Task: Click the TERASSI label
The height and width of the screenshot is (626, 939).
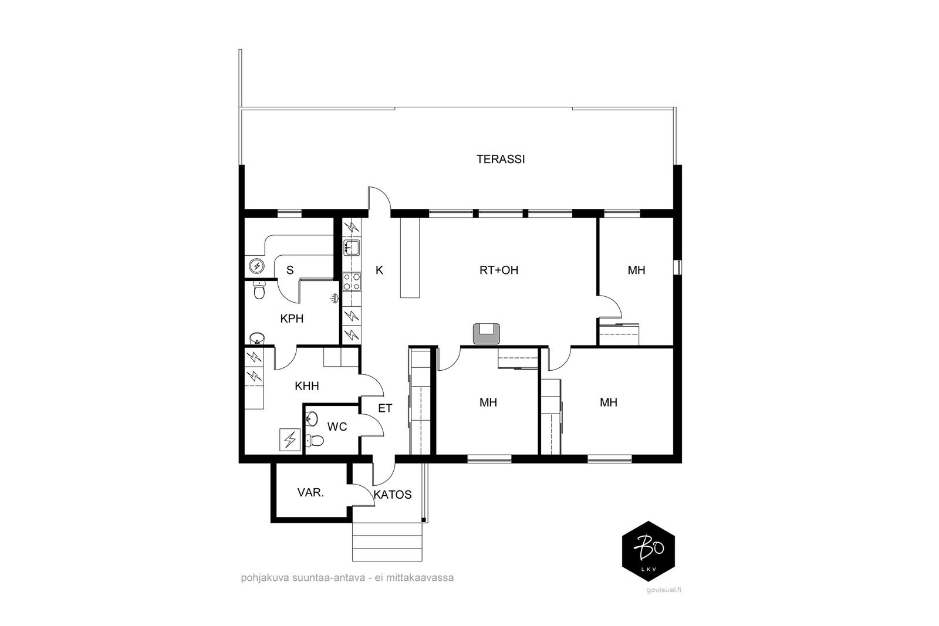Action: (501, 159)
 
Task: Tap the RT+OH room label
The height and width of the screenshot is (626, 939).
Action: (499, 270)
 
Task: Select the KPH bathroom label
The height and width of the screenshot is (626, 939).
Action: (292, 319)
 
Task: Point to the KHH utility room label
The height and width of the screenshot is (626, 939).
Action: (307, 386)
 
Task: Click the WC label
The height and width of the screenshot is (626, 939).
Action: (337, 427)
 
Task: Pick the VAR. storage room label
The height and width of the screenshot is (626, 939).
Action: (310, 493)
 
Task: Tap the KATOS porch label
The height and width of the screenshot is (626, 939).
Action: (393, 495)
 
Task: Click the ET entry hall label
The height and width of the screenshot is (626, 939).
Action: (385, 408)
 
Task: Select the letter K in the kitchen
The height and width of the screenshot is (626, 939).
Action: (379, 270)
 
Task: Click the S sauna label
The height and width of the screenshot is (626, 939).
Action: (290, 270)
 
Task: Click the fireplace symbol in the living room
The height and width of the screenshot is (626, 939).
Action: (487, 333)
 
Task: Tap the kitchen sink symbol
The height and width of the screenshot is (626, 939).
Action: (352, 248)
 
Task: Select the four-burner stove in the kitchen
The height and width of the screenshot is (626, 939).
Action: (352, 282)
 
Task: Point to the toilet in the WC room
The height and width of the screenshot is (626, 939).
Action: (315, 441)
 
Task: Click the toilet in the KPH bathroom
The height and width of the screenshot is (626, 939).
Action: (259, 290)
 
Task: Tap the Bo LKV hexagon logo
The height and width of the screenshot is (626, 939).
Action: (648, 551)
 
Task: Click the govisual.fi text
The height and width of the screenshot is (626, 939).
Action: (664, 590)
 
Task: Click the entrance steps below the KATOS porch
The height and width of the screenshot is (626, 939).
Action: (387, 542)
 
